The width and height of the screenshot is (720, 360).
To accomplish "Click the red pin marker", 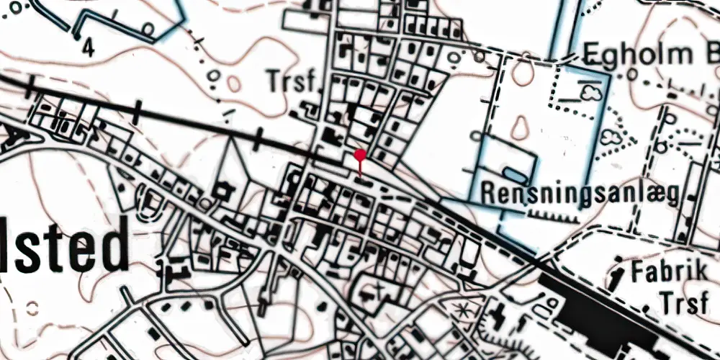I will (x=360, y=156).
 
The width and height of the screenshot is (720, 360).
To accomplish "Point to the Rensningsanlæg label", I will (x=580, y=193).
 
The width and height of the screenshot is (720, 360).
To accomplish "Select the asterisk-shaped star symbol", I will (x=461, y=312).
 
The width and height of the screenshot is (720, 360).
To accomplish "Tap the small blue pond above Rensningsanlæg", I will (x=514, y=174).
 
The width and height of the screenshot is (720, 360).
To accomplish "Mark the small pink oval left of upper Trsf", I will (x=234, y=84).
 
